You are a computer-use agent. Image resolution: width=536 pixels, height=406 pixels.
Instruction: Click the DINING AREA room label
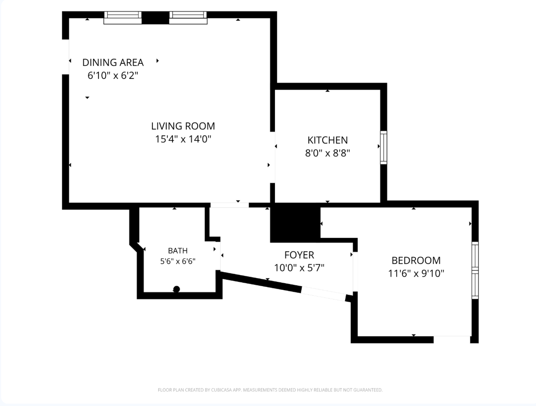coord(113,62)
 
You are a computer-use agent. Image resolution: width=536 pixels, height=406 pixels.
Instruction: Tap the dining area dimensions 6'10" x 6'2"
coord(113,76)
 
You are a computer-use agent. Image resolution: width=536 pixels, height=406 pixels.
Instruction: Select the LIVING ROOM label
coord(183,126)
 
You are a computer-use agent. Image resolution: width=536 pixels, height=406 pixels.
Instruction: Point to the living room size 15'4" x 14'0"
coord(183,139)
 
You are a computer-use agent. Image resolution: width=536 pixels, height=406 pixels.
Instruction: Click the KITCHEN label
coord(328,140)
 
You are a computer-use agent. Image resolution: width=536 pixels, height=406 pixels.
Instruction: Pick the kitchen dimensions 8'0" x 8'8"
coord(328,153)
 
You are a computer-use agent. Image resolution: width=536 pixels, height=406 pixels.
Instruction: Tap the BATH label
coord(178,251)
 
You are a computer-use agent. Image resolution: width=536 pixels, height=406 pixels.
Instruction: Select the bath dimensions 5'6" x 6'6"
coord(178,261)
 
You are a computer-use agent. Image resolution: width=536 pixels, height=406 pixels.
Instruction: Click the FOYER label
coord(299,255)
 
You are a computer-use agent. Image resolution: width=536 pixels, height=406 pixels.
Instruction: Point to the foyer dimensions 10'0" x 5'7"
coord(299,268)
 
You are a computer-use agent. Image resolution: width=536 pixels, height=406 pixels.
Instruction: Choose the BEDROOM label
coord(416,261)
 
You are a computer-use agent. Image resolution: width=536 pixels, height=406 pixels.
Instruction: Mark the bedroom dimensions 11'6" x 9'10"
coord(416,274)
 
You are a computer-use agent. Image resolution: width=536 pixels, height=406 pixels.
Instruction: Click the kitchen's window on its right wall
coord(384,147)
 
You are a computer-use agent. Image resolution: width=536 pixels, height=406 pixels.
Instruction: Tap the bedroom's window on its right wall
coord(475,270)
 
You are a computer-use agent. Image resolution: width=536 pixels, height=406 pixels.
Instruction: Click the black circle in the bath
coord(177,289)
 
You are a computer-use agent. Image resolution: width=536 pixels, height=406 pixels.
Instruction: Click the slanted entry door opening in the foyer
coord(324,294)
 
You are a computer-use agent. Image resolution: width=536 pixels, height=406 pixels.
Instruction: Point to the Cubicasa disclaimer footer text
coord(270,390)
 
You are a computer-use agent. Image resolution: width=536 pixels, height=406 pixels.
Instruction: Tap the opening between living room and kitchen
coord(273,157)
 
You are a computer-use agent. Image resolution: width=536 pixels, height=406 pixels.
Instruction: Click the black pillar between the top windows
coord(155,18)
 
